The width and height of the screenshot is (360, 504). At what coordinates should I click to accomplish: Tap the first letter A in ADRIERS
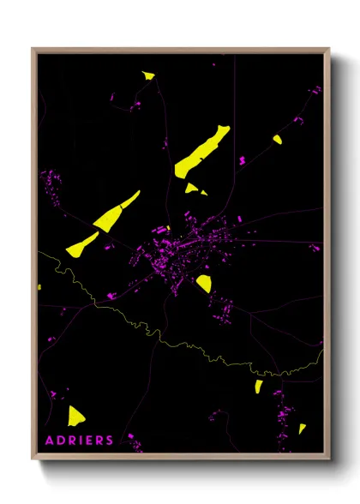click(x=48, y=441)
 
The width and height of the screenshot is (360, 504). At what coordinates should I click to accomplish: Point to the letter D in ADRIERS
click(x=58, y=441)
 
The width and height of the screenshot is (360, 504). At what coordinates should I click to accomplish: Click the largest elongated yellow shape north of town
click(x=201, y=151)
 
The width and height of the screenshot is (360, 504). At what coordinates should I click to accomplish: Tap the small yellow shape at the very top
click(x=149, y=75)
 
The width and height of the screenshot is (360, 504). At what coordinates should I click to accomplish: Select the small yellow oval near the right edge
click(x=277, y=139)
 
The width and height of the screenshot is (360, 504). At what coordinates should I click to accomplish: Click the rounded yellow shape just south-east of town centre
click(x=204, y=283)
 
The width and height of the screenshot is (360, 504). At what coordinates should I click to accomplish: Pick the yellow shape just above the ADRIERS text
click(x=76, y=416)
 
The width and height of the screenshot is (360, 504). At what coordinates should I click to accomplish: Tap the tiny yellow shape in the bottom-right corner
click(x=302, y=428)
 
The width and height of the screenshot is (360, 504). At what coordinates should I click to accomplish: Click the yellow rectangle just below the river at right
click(x=258, y=387)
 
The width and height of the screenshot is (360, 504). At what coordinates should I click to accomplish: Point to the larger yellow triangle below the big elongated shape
click(x=191, y=188)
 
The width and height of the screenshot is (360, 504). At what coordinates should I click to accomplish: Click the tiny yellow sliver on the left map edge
click(x=39, y=287)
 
